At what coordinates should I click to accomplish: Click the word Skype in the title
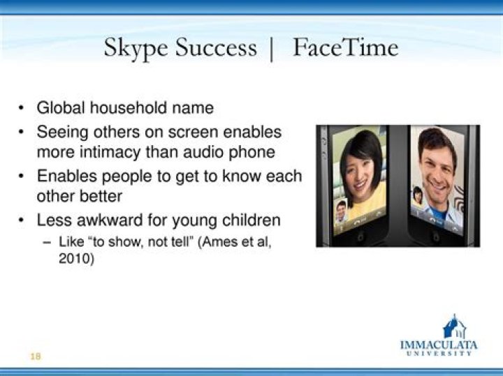(x=136, y=48)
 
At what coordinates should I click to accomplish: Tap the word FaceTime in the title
(x=346, y=47)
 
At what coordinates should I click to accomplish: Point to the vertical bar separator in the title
(x=272, y=49)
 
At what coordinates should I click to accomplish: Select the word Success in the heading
(x=216, y=47)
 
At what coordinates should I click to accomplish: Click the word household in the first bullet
(x=129, y=107)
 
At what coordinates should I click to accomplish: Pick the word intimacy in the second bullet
(x=110, y=152)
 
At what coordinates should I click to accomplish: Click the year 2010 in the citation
(x=76, y=258)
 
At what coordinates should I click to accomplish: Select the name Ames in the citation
(x=219, y=241)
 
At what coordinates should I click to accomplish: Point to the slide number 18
(x=36, y=356)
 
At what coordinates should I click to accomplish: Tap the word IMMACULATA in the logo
(x=439, y=345)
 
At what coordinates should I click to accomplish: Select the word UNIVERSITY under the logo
(x=439, y=354)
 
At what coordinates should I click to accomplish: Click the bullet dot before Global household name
(x=21, y=107)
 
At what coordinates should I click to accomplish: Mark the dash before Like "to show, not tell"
(x=47, y=242)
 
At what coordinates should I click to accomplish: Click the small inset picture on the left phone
(x=341, y=211)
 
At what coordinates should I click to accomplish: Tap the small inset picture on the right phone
(x=417, y=195)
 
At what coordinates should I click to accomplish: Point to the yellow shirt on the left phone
(x=369, y=204)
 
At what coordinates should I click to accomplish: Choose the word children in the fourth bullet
(x=251, y=220)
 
